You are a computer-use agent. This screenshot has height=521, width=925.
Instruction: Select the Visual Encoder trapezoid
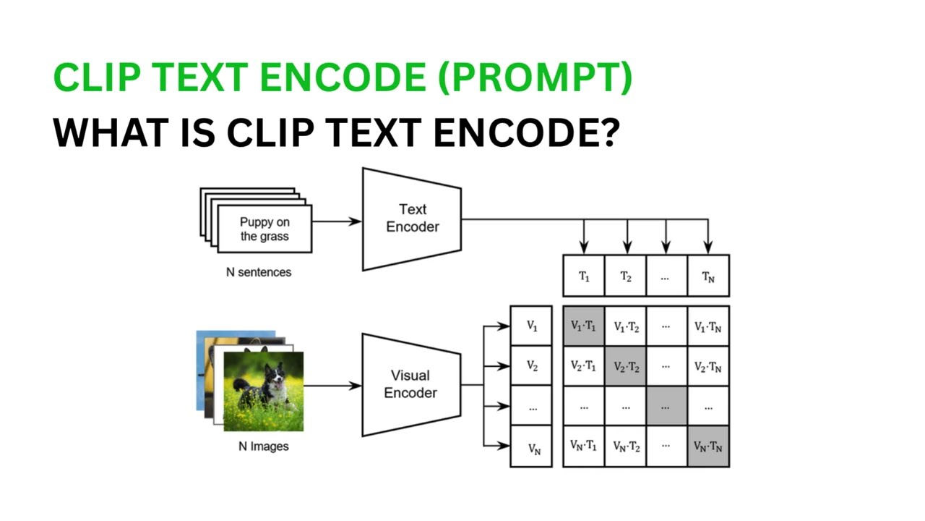pyautogui.click(x=410, y=385)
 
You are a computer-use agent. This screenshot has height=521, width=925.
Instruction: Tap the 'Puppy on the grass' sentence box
pyautogui.click(x=264, y=229)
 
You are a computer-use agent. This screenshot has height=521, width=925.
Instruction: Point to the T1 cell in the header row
pyautogui.click(x=584, y=276)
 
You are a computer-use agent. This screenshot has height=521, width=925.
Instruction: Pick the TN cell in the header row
pyautogui.click(x=708, y=276)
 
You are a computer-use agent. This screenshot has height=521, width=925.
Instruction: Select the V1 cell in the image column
pyautogui.click(x=532, y=326)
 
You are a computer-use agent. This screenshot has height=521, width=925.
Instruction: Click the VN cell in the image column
pyautogui.click(x=532, y=447)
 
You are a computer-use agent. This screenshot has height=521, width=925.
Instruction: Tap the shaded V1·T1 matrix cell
pyautogui.click(x=584, y=326)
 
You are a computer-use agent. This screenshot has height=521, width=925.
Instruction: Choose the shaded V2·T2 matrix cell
pyautogui.click(x=626, y=367)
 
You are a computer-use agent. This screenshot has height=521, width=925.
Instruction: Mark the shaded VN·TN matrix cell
pyautogui.click(x=708, y=447)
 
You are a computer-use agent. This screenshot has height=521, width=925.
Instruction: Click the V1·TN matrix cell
pyautogui.click(x=708, y=326)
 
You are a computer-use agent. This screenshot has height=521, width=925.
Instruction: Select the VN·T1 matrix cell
pyautogui.click(x=584, y=447)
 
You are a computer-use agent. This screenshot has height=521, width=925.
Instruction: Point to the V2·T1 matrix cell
pyautogui.click(x=584, y=367)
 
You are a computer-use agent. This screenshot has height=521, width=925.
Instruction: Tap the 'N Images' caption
pyautogui.click(x=264, y=446)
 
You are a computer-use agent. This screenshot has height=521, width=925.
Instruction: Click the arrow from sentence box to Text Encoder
pyautogui.click(x=337, y=221)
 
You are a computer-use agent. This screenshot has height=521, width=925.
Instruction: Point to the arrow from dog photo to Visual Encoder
pyautogui.click(x=332, y=386)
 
